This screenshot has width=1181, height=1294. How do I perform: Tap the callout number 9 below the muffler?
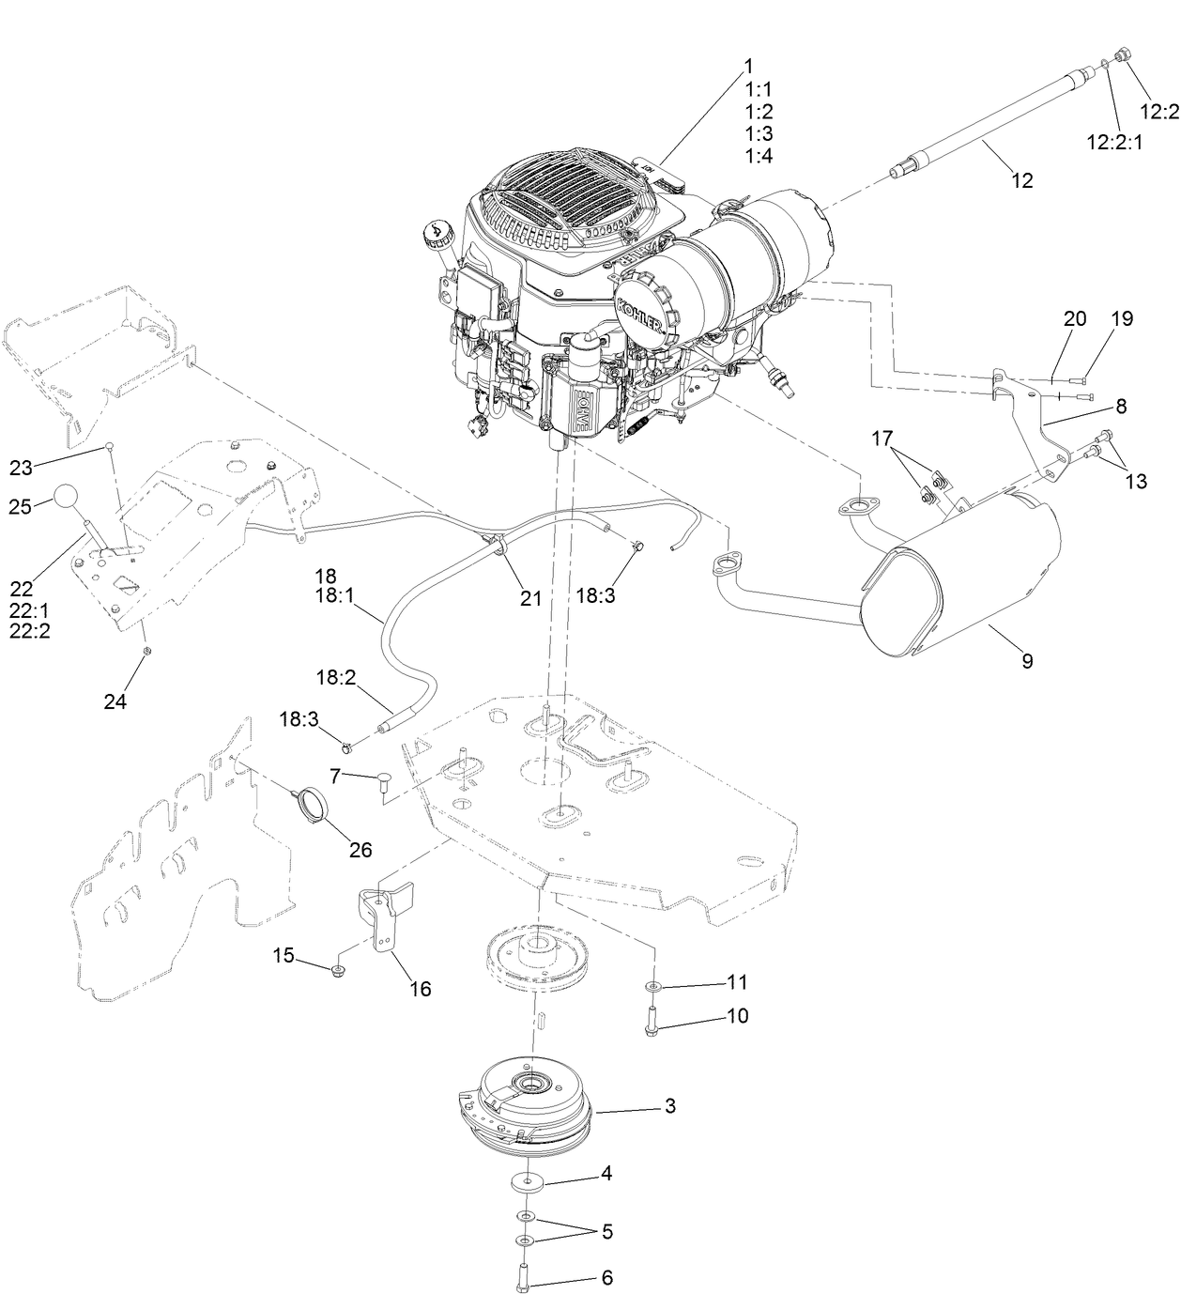1027,661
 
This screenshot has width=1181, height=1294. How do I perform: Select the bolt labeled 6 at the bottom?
525,1278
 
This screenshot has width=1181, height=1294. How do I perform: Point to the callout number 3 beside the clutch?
669,1106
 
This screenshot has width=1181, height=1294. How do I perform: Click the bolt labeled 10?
652,1021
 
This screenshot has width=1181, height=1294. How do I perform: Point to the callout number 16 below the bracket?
421,989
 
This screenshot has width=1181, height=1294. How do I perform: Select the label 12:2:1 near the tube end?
1117,142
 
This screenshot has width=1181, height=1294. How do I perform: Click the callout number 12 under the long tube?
1022,180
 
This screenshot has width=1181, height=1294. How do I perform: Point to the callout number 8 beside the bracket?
1121,407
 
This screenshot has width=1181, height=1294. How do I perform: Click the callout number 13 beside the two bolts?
1136,481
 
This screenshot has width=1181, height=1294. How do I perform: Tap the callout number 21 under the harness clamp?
531,598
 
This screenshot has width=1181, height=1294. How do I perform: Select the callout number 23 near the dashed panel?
21,467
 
